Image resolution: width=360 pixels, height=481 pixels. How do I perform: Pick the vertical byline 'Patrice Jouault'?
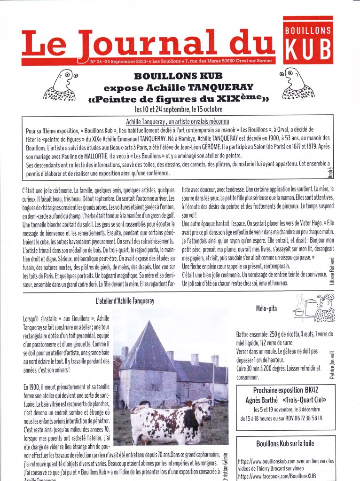[332, 364]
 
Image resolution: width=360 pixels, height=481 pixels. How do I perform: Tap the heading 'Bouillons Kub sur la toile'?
[285, 443]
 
